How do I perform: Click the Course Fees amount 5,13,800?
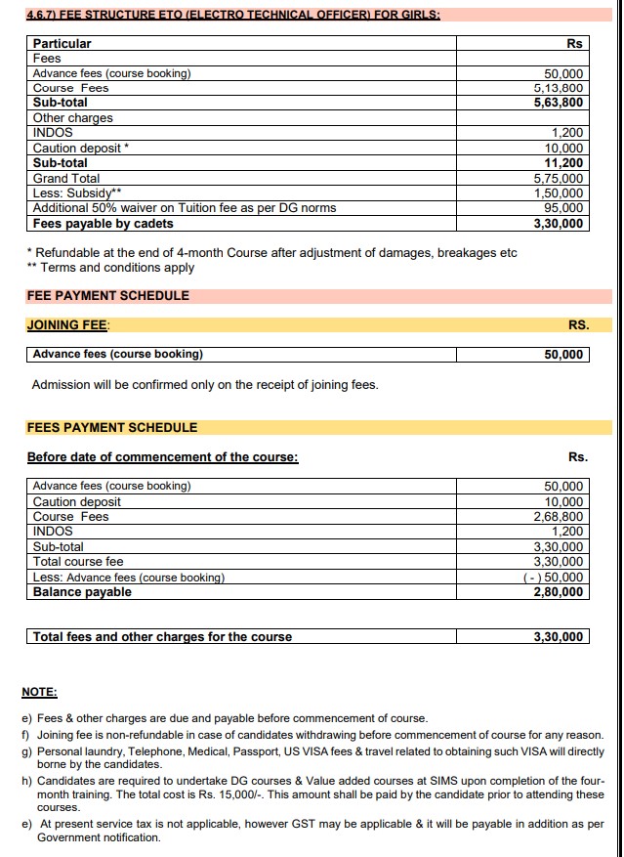coord(562,88)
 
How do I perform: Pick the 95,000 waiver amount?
coord(565,208)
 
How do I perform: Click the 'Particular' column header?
coord(62,44)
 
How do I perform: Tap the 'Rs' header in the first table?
coord(574,44)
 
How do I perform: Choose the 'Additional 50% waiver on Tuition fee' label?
coord(184,208)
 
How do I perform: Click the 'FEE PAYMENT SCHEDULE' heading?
coord(108,295)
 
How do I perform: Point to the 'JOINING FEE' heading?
coord(68,324)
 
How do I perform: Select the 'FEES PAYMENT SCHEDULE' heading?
coord(112,427)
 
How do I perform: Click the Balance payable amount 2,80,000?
coord(559,592)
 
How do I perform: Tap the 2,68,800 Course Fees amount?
coord(559,517)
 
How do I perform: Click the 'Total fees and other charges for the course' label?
coord(162,637)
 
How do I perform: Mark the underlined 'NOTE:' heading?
coord(39,692)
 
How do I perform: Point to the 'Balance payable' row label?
coord(82,592)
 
